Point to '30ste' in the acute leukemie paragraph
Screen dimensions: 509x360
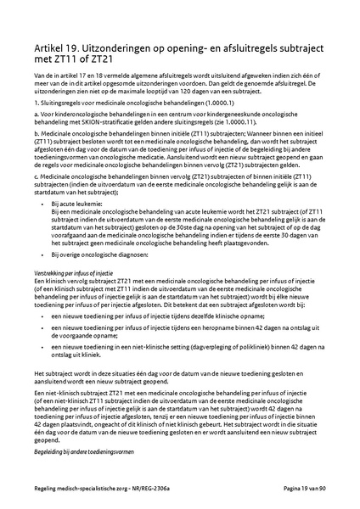coord(183,229)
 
